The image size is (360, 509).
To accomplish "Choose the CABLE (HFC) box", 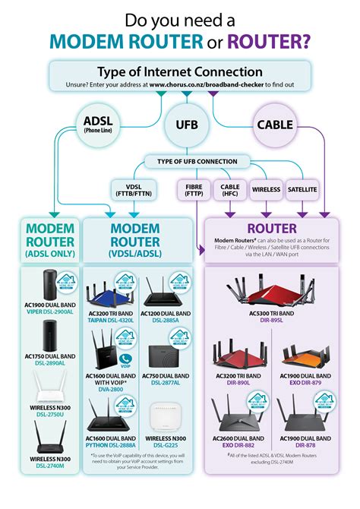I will click(x=229, y=189).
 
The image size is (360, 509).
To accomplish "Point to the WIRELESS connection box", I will click(x=266, y=189).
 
